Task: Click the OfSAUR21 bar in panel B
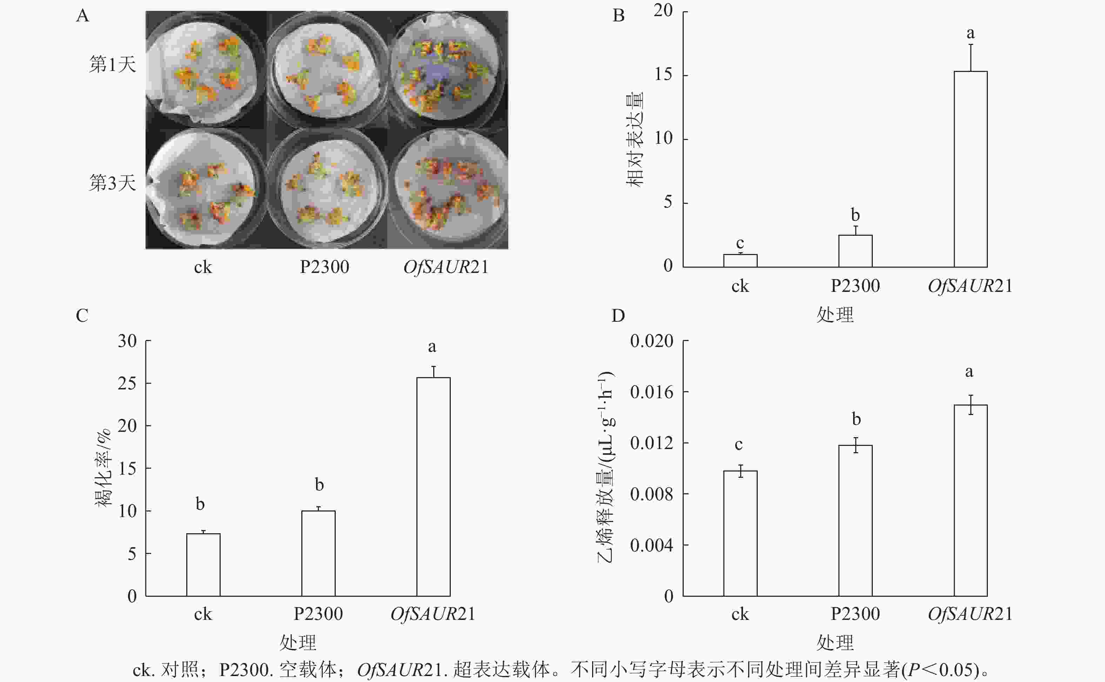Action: click(970, 169)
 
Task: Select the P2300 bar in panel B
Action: click(855, 251)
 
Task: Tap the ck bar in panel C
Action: click(203, 565)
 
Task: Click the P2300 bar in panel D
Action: click(855, 521)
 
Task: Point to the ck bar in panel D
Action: click(740, 533)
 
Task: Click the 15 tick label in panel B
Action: click(663, 74)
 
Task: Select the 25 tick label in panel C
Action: click(127, 383)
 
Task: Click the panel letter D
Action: click(618, 316)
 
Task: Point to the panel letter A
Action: click(82, 16)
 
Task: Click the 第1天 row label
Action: click(112, 65)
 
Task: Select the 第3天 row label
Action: click(112, 183)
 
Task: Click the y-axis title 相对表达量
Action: click(635, 139)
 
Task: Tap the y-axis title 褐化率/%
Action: click(103, 468)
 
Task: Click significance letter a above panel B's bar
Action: click(971, 33)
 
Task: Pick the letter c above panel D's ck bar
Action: click(738, 445)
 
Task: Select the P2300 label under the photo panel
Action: click(324, 267)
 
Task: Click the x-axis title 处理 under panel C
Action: click(298, 642)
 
